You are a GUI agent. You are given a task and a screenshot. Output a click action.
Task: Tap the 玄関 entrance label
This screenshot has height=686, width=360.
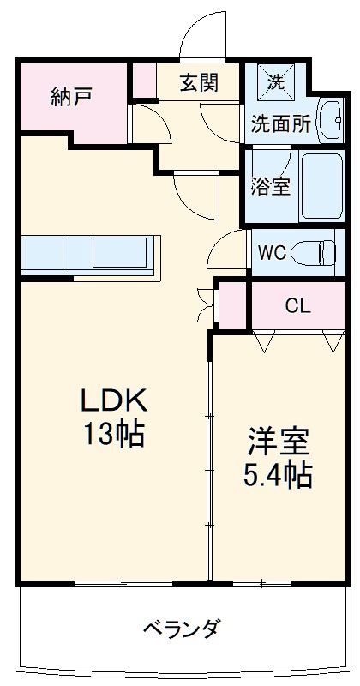(198, 82)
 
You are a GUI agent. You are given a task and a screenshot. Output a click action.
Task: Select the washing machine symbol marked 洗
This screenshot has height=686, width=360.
(276, 83)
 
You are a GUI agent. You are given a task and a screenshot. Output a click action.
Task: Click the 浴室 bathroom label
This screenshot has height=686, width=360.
(270, 187)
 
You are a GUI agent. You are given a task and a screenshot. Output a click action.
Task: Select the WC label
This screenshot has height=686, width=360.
(272, 253)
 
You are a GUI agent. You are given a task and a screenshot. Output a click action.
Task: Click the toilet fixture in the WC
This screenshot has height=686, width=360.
(313, 253)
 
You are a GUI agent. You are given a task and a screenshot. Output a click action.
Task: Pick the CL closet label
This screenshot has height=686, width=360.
(297, 305)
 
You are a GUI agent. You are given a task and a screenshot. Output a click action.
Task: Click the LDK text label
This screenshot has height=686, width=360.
(115, 400)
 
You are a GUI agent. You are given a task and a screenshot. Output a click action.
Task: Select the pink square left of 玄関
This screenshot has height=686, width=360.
(143, 82)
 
